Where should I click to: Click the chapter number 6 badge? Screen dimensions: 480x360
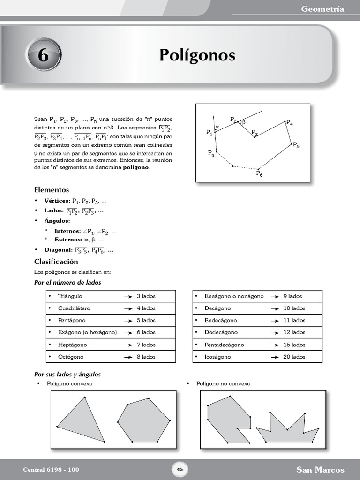[43, 55]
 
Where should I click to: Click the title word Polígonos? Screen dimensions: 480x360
[197, 55]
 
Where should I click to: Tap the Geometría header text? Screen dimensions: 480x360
[322, 9]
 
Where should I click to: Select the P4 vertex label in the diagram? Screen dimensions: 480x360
[289, 124]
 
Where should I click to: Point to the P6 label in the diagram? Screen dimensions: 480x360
[259, 174]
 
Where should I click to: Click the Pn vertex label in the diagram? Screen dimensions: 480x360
[211, 153]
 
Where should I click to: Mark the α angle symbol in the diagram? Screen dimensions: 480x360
[217, 127]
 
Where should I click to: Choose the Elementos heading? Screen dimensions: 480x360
[52, 190]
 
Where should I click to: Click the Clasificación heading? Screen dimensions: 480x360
[56, 262]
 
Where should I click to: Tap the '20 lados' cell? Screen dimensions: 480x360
[294, 357]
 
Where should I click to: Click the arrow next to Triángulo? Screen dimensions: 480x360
[127, 297]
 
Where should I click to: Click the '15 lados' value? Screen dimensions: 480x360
[294, 345]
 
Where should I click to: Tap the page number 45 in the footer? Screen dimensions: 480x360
[180, 470]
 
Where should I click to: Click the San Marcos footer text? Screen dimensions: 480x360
[320, 470]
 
